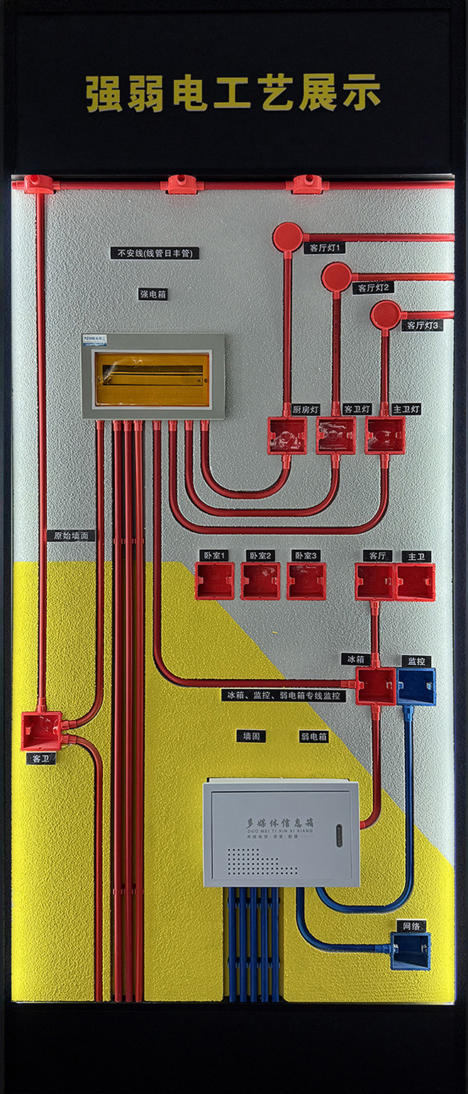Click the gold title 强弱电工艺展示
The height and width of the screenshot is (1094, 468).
[233, 94]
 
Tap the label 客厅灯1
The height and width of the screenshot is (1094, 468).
[325, 248]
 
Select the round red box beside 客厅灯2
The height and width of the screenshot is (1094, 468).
[336, 277]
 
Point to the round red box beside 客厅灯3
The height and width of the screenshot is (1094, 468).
[386, 314]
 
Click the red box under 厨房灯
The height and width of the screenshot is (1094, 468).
[287, 436]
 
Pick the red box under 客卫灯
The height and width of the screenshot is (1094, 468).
[336, 436]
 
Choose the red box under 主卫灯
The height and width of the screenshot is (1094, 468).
[385, 436]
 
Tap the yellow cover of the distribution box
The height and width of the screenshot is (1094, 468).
[152, 380]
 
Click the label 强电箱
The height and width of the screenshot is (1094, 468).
[152, 294]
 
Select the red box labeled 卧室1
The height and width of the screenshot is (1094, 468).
[214, 581]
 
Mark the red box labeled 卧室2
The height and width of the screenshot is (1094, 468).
[260, 581]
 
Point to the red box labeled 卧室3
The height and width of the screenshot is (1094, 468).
[306, 581]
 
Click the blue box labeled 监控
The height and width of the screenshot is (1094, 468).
[416, 686]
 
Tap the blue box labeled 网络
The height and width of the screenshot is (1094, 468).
[411, 951]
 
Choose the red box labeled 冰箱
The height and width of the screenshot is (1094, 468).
[376, 686]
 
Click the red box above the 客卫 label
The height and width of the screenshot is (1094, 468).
[41, 731]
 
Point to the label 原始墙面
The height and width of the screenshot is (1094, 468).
[74, 536]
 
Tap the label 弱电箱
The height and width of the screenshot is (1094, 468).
[313, 737]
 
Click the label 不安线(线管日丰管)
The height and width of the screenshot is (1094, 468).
[158, 253]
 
